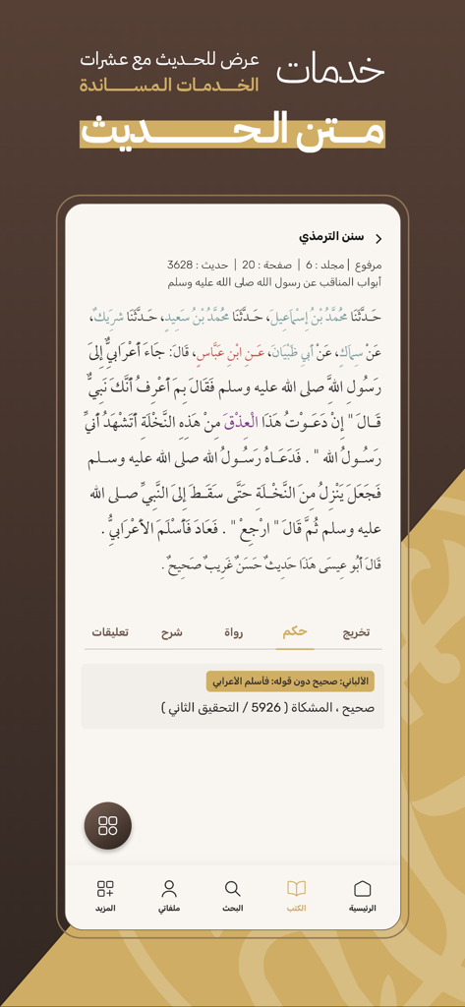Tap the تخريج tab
[355, 632]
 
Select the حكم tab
[293, 632]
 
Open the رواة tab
[232, 632]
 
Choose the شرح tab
[171, 632]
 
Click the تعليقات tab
[110, 632]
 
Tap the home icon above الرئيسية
[362, 889]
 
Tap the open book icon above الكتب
[296, 889]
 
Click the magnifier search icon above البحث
[232, 889]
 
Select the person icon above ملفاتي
[169, 889]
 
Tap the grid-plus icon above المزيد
[105, 889]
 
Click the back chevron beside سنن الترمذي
[378, 238]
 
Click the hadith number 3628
[180, 265]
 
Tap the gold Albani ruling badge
[290, 681]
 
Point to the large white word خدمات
[329, 70]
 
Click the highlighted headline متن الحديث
[232, 130]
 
